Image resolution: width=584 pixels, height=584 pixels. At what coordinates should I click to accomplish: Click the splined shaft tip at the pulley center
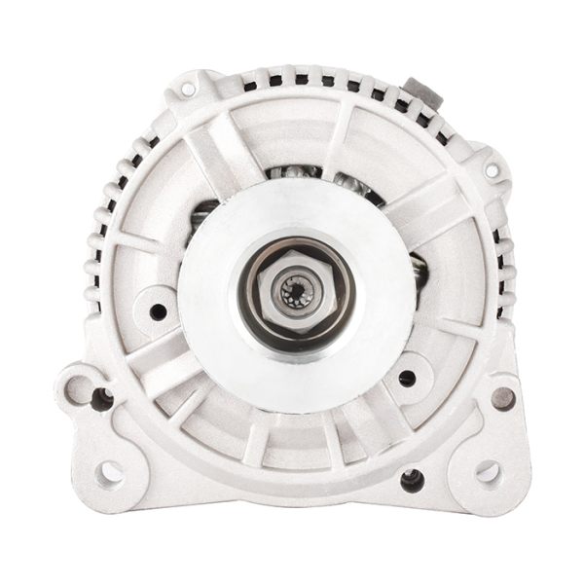(x=295, y=291)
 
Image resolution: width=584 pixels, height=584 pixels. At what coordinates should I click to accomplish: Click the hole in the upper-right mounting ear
(x=492, y=170)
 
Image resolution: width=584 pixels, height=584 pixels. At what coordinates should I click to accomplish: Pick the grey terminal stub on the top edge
(x=421, y=92)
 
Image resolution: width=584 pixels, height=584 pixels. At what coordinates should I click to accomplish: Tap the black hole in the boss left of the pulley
(x=158, y=311)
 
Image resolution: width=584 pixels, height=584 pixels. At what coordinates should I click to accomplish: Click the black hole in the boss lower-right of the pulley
(x=407, y=378)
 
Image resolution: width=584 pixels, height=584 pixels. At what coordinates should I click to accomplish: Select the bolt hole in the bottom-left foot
(x=110, y=473)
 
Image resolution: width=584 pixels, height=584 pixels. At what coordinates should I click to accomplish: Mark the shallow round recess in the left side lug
(x=77, y=388)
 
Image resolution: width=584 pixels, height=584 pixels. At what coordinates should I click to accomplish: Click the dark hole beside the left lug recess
(x=101, y=397)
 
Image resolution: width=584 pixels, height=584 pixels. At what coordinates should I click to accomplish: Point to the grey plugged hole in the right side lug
(x=503, y=397)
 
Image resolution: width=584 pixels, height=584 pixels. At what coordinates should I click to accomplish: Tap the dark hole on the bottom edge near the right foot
(x=412, y=479)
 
